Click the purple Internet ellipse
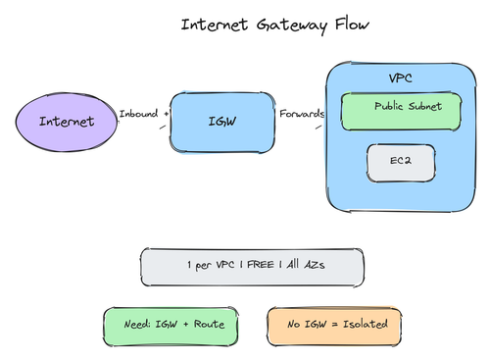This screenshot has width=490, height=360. tap(67, 122)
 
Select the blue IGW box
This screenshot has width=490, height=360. tap(222, 123)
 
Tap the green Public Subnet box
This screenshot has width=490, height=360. tap(401, 112)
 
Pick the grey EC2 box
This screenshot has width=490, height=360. tap(401, 163)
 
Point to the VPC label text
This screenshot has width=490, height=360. tap(401, 78)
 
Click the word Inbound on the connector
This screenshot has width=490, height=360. tap(138, 114)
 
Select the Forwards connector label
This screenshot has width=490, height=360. tap(302, 114)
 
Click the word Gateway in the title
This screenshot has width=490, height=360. tap(292, 26)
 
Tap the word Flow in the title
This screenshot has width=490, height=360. tap(352, 25)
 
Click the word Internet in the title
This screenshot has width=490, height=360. tap(215, 25)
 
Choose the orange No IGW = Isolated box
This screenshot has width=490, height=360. tap(334, 326)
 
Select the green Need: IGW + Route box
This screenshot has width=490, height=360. tap(171, 327)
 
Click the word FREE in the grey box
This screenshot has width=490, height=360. tap(261, 264)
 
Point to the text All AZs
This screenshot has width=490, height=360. tap(306, 264)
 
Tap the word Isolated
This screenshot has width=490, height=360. tap(366, 324)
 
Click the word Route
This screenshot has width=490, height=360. tap(209, 324)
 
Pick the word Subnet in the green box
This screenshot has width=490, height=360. tap(425, 106)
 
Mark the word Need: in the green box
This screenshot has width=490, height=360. tap(137, 324)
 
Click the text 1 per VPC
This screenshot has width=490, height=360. tap(211, 265)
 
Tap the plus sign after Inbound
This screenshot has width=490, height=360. tap(167, 114)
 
